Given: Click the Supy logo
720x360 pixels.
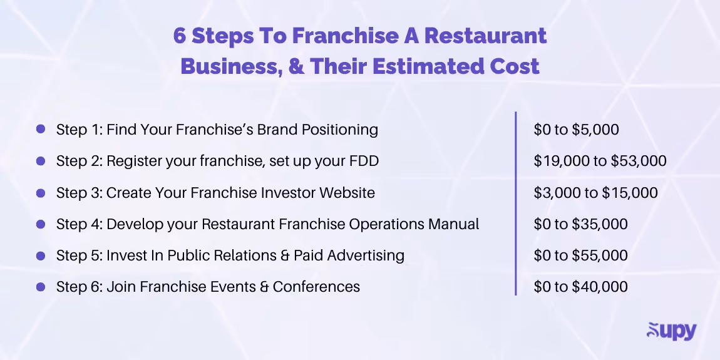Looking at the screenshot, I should (671, 331).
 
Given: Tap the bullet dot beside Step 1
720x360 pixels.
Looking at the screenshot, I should (41, 130).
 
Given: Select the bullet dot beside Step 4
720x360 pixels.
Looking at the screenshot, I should (41, 224).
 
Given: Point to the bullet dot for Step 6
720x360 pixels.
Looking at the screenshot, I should (41, 287).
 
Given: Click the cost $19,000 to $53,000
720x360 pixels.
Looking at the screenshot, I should (600, 161).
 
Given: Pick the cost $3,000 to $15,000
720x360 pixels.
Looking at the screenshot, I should (595, 192).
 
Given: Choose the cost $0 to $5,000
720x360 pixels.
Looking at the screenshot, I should (576, 130).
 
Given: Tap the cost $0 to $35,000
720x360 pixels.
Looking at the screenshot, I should (580, 224).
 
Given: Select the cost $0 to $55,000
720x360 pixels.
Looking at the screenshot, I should (580, 255).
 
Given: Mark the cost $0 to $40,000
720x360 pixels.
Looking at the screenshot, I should (580, 287).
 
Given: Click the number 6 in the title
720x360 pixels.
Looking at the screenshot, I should (180, 36).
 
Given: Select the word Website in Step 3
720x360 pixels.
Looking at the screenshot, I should (347, 192).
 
